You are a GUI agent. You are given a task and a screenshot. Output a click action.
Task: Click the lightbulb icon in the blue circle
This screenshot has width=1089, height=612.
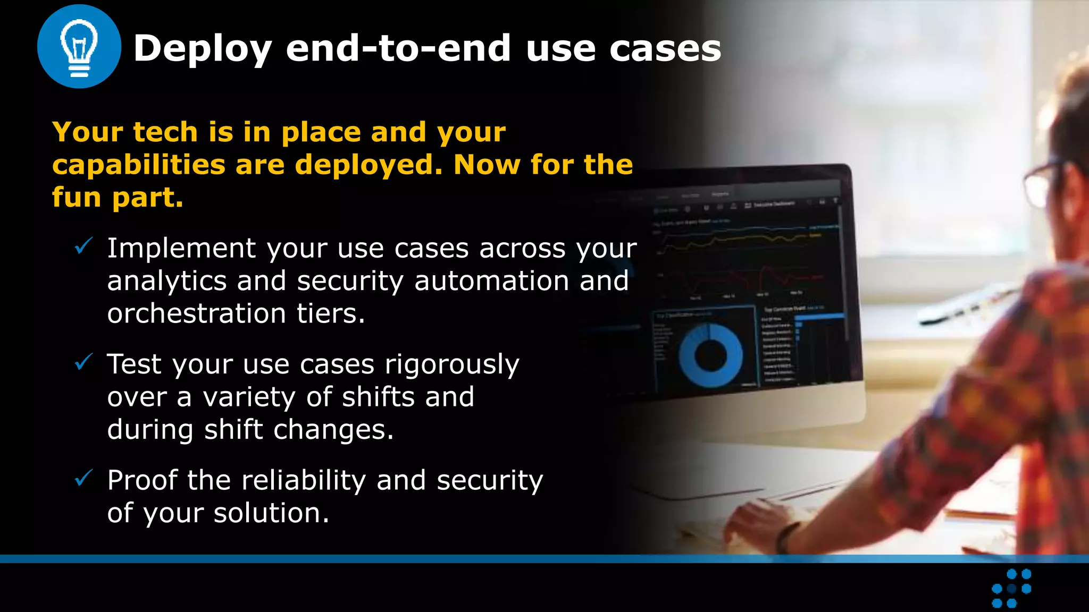pyautogui.click(x=79, y=47)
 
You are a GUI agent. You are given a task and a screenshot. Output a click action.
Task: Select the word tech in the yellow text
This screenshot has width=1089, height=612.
pyautogui.click(x=165, y=132)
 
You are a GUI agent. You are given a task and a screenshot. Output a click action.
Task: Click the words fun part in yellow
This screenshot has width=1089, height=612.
pyautogui.click(x=118, y=198)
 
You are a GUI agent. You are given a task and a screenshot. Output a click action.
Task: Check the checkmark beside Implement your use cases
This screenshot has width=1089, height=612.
pyautogui.click(x=83, y=246)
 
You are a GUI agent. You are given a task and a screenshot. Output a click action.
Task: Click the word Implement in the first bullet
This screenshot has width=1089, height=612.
pyautogui.click(x=181, y=248)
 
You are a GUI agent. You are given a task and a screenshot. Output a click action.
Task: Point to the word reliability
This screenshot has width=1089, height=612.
pyautogui.click(x=304, y=480)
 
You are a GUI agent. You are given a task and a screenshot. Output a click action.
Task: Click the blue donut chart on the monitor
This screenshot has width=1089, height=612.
pyautogui.click(x=710, y=355)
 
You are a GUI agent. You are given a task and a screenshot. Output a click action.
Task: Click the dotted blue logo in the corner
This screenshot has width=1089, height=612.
pyautogui.click(x=1011, y=588)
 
